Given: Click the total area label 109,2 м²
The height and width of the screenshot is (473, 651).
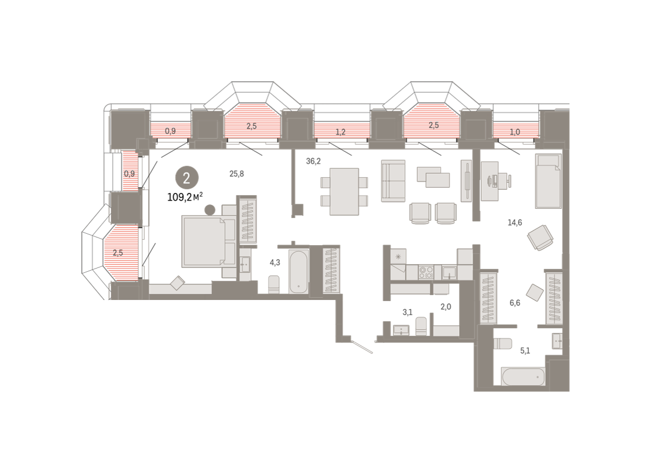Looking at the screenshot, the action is (x=185, y=197).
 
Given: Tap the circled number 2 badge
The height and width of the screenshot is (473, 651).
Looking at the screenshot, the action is (x=187, y=177).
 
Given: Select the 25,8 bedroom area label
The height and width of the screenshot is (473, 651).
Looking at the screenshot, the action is (x=237, y=174).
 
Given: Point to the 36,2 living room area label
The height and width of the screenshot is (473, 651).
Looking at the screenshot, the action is (x=314, y=161).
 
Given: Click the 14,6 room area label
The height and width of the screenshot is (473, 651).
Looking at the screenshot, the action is (x=515, y=222).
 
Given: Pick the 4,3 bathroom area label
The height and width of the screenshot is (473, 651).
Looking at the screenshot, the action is (x=275, y=263).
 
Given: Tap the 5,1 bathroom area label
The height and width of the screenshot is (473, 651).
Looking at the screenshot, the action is (x=525, y=351).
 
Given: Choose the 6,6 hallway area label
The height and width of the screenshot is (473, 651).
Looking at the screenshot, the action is (x=515, y=303).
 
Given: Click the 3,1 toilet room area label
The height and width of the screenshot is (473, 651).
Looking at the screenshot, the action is (x=407, y=312).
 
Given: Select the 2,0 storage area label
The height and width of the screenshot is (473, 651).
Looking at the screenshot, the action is (x=445, y=306).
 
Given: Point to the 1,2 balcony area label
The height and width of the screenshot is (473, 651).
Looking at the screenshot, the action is (x=340, y=132).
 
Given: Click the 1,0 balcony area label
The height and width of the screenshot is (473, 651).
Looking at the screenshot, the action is (x=515, y=132).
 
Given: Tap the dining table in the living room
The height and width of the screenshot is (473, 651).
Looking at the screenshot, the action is (x=344, y=192).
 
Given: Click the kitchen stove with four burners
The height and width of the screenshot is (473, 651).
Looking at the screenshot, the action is (x=426, y=272).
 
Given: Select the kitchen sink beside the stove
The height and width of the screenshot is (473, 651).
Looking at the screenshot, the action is (x=449, y=272).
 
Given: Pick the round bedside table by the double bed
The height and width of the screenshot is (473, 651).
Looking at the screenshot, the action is (x=210, y=210).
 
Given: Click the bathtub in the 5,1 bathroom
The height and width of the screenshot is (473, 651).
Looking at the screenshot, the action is (x=523, y=376).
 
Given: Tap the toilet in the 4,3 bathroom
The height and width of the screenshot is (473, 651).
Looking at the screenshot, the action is (x=274, y=284).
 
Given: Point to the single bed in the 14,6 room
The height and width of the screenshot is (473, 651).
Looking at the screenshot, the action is (x=548, y=181).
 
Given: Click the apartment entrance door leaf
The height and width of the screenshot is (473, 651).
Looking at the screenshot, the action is (x=362, y=347).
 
